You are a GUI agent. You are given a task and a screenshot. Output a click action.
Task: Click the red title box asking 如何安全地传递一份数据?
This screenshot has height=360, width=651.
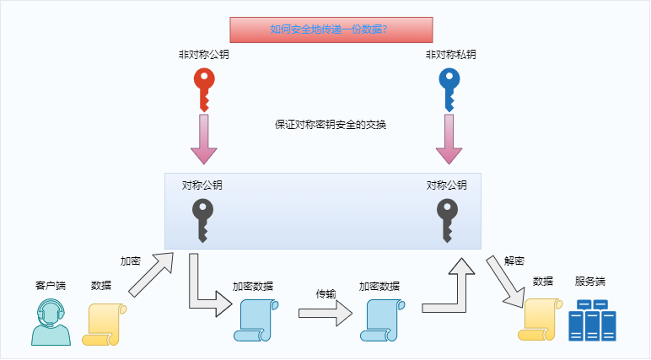pos(331,30)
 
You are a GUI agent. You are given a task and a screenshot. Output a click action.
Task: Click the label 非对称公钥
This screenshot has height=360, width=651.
pos(203,55)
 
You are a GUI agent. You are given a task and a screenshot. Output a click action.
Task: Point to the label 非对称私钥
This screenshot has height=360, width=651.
pos(450,55)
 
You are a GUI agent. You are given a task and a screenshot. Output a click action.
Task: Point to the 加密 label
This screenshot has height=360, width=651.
pos(131,261)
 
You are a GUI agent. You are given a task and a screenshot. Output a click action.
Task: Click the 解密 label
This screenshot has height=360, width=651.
pos(514,261)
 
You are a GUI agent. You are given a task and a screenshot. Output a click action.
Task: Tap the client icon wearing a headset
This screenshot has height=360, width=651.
pos(51,322)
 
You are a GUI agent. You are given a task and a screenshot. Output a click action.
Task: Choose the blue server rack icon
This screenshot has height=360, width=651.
pos(592,320)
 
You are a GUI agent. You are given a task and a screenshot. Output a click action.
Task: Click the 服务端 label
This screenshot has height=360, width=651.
pos(590,282)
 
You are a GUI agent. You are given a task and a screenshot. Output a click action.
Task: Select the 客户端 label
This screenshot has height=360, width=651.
pos(51,285)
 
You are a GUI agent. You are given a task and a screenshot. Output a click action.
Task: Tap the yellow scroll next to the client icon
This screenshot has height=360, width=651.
pos(103,323)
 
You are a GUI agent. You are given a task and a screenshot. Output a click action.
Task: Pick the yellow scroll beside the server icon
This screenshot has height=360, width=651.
pos(540,319)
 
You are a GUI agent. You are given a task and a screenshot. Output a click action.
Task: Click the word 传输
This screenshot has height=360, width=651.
pos(325,294)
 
